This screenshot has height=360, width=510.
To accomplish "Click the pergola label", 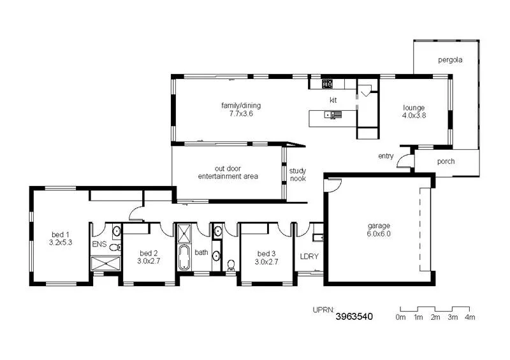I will pos(449,60).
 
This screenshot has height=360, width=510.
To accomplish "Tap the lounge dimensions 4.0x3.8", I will pos(413,115).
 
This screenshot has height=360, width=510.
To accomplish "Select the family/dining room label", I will pos(241,106).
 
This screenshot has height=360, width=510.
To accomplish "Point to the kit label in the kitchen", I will pos(333,100).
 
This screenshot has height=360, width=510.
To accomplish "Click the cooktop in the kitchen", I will pos(327,83).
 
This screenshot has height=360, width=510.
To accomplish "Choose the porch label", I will pos(446,161).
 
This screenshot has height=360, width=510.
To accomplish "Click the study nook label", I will pos(298,175).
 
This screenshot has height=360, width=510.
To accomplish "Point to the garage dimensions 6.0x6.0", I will pos(378,234).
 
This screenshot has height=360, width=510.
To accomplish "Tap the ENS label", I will pos(99,244).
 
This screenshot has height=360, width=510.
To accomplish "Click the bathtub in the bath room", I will pos(184,257).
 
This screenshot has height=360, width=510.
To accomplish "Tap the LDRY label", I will pos(309,257).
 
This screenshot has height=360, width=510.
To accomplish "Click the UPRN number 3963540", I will pos(354,316).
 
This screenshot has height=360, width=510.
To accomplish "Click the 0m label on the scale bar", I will pos(400,317).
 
